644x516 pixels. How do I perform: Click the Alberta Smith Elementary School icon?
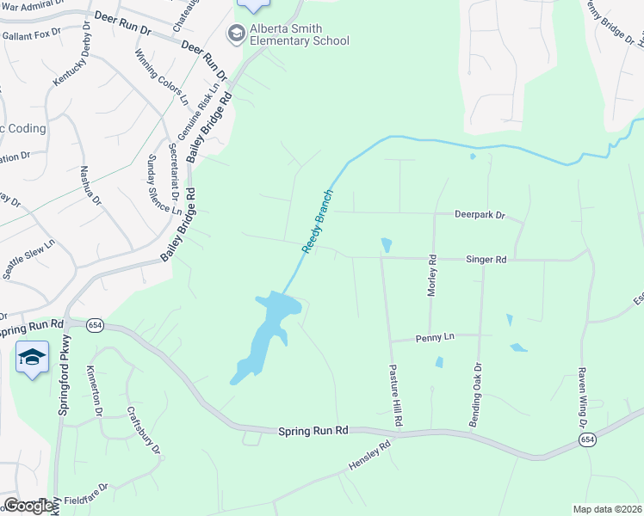(235, 34)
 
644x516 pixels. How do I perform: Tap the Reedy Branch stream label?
(317, 221)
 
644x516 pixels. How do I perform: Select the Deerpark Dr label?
(480, 214)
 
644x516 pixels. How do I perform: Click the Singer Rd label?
(486, 259)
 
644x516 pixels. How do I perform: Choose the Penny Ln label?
(434, 338)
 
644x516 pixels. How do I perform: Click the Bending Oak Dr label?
(474, 396)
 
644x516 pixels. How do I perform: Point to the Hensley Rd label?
(370, 455)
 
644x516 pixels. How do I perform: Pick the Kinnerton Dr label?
(93, 390)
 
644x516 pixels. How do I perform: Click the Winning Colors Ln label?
(161, 77)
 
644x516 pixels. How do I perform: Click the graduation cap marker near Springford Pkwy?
(32, 357)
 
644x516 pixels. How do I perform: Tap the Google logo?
(28, 506)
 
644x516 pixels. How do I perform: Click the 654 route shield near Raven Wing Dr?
(587, 439)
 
